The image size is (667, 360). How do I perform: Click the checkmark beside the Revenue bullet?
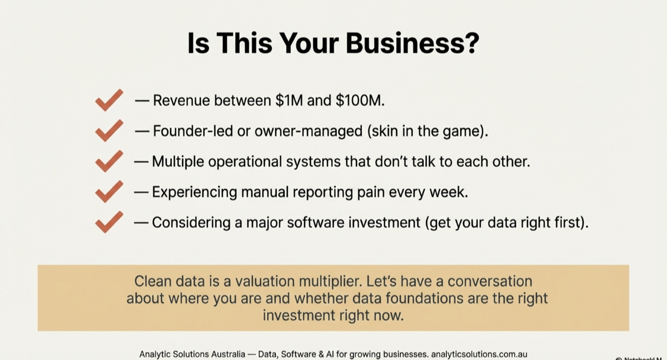tap(109, 101)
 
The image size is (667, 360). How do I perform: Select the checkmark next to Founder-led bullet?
tap(109, 131)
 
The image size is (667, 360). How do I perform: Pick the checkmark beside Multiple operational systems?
tap(109, 162)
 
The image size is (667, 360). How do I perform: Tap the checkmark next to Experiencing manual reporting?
tap(109, 192)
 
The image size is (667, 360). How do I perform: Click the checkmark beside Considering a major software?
tap(109, 222)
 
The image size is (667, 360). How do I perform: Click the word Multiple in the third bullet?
tap(180, 162)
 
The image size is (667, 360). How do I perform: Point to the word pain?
tap(372, 192)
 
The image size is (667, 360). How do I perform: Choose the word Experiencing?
tap(196, 192)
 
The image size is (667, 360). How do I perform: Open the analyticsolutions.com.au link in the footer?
tap(479, 354)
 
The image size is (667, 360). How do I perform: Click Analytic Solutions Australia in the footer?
tap(192, 354)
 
